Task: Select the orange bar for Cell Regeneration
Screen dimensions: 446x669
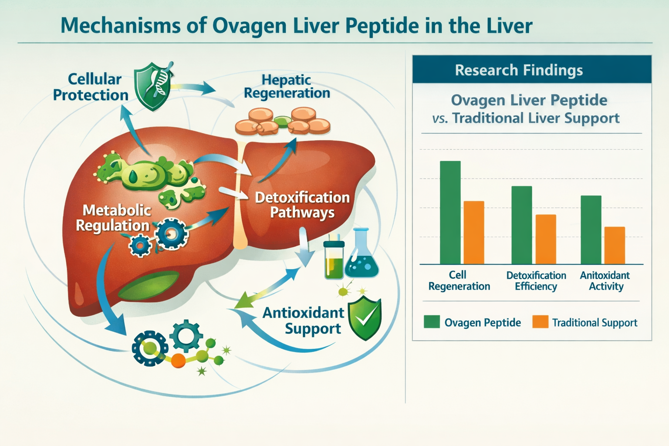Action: pos(474,233)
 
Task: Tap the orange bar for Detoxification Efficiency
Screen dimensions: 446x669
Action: pos(545,239)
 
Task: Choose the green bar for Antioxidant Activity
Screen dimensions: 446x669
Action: pos(591,230)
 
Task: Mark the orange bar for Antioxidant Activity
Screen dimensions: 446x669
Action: pos(615,245)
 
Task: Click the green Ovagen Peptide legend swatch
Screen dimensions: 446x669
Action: pos(432,322)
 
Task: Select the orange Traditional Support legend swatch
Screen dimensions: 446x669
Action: pos(540,322)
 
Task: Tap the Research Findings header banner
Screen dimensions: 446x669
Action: pos(531,70)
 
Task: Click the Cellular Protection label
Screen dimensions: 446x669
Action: pos(91,87)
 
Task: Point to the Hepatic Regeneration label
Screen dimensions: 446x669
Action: pos(287,86)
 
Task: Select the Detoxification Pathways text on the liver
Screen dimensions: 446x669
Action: pos(302,205)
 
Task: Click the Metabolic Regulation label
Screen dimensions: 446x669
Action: pos(114,218)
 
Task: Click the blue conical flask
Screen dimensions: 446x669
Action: pos(362,257)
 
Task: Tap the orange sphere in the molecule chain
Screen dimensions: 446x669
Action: pos(178,361)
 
